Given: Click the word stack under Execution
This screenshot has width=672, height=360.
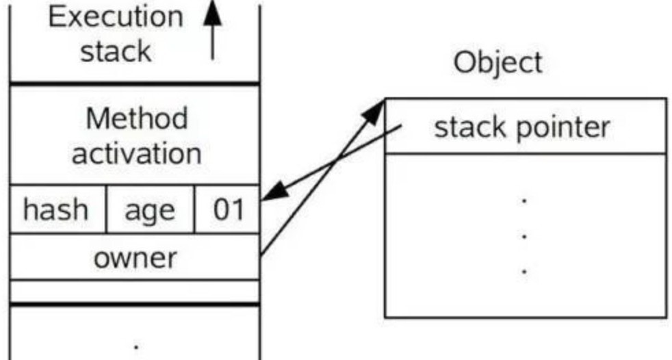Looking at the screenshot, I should pyautogui.click(x=116, y=51).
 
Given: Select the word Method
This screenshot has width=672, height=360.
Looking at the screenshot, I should pyautogui.click(x=136, y=119).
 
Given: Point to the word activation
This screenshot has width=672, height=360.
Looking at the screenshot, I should pyautogui.click(x=136, y=153).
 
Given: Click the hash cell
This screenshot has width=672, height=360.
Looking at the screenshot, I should pyautogui.click(x=56, y=209).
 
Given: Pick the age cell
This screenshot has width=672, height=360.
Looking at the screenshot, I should pyautogui.click(x=149, y=209).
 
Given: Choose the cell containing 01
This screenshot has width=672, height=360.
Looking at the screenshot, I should pyautogui.click(x=228, y=209).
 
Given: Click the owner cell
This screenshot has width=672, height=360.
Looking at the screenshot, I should pyautogui.click(x=135, y=258).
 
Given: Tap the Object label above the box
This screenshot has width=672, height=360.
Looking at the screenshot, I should pyautogui.click(x=497, y=64).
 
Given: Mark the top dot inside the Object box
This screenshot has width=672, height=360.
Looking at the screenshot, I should pyautogui.click(x=524, y=201).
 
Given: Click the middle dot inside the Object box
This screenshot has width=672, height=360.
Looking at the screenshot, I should pyautogui.click(x=524, y=236).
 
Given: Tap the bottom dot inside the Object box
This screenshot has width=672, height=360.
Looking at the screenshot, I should pyautogui.click(x=524, y=272).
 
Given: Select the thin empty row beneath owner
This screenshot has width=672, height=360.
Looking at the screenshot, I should pyautogui.click(x=135, y=291).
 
